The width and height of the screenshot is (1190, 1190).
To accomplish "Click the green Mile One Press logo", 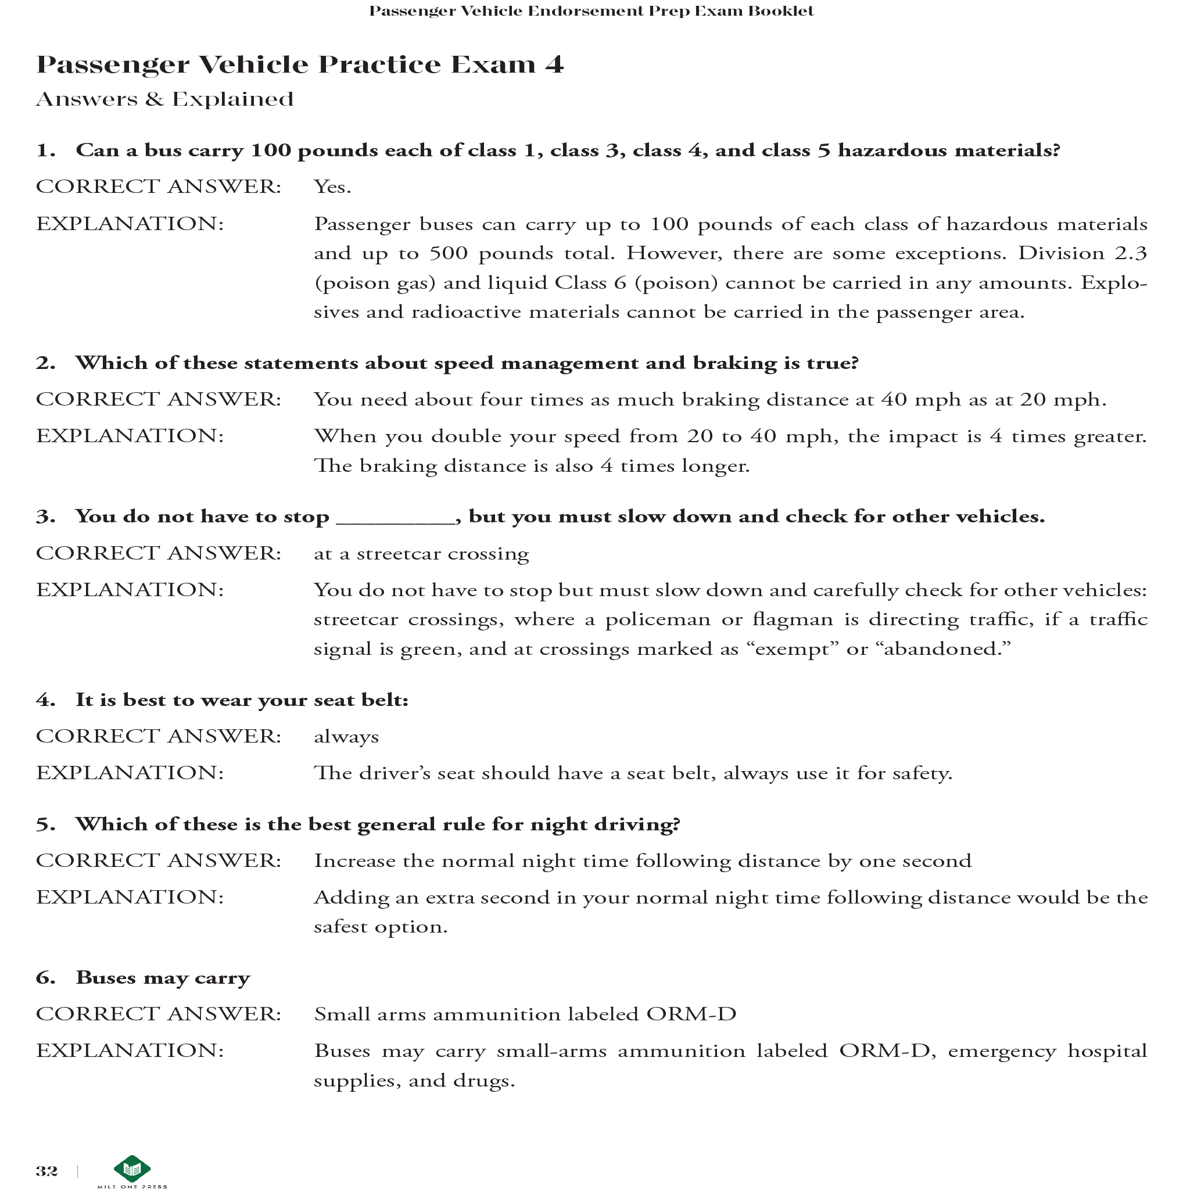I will coord(132,1169).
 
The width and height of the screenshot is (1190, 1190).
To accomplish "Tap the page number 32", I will coord(47,1171).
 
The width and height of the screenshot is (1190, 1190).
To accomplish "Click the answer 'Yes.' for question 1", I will coord(332,187).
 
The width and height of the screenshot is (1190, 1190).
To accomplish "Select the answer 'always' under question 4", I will coord(346,737).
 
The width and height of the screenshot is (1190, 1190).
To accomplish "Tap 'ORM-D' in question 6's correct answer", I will coord(691,1015).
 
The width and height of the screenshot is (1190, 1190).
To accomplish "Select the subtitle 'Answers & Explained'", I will coord(165,99).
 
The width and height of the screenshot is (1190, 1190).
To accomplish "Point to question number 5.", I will coord(45,825).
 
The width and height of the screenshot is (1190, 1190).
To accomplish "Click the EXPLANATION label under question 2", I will coord(130,436).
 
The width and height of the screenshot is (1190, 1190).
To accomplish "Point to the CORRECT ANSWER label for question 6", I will coord(158,1015).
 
